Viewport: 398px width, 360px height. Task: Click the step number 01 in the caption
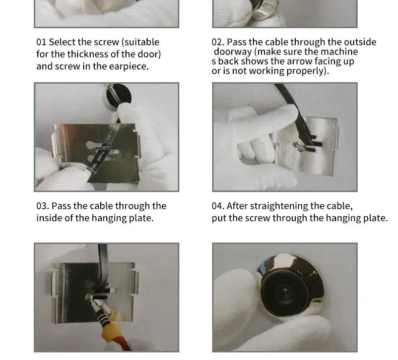[41, 42]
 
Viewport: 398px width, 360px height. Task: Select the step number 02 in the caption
[218, 42]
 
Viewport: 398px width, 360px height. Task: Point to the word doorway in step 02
[233, 52]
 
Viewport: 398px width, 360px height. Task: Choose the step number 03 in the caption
[43, 206]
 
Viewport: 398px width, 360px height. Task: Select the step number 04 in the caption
[218, 206]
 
